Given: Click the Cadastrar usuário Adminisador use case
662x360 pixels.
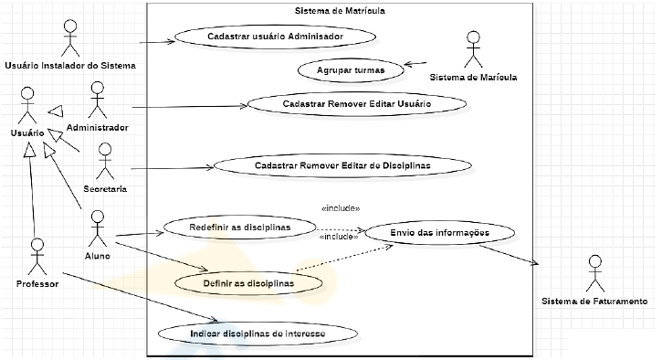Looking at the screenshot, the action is tap(275, 37).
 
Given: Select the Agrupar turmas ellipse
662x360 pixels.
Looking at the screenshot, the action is tap(351, 70).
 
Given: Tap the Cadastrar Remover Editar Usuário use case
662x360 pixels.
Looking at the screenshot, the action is tap(357, 104).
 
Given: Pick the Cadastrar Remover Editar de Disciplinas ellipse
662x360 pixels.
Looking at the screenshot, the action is tap(342, 165).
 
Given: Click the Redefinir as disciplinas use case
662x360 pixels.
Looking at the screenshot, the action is tap(240, 228).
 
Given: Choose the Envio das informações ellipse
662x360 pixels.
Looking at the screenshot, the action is tap(439, 233).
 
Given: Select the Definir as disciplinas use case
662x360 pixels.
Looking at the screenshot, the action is tap(248, 283).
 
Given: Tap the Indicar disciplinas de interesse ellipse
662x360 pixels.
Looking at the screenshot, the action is tap(257, 334).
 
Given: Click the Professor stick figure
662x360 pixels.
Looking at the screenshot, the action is tap(37, 257).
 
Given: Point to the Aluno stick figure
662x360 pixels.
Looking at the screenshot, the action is tap(98, 228).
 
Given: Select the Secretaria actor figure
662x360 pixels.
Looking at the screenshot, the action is tap(105, 161).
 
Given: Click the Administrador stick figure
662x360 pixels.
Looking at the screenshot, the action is tap(98, 100).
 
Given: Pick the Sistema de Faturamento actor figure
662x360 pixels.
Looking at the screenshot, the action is tap(595, 273).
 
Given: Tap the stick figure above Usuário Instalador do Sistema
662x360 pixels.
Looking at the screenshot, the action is tap(70, 38).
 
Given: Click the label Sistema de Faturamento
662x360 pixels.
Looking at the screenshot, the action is tap(594, 302).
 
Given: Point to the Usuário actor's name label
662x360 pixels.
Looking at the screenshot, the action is tap(27, 133).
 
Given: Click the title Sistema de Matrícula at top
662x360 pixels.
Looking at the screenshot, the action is tap(340, 11).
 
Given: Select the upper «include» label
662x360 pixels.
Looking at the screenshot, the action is tap(341, 208).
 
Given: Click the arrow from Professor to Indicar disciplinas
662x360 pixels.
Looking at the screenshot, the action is tap(141, 297).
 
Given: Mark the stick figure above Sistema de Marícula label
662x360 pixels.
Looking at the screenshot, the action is tap(473, 49).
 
